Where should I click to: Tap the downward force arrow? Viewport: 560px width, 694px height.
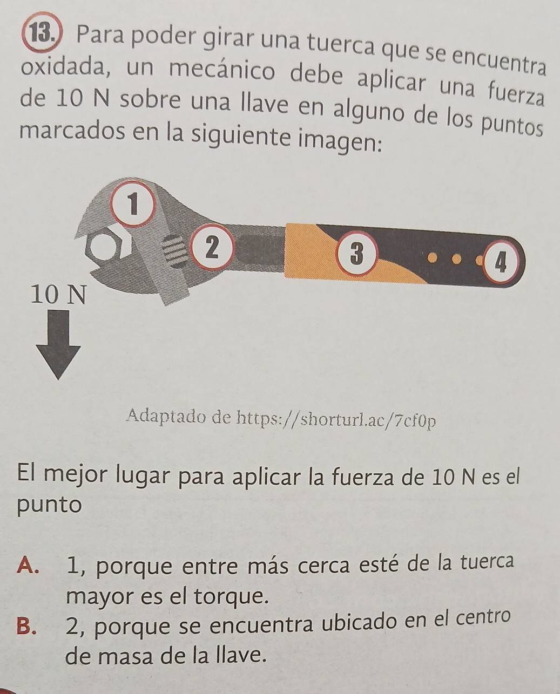(58, 345)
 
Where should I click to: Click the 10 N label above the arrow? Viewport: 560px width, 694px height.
(59, 295)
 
